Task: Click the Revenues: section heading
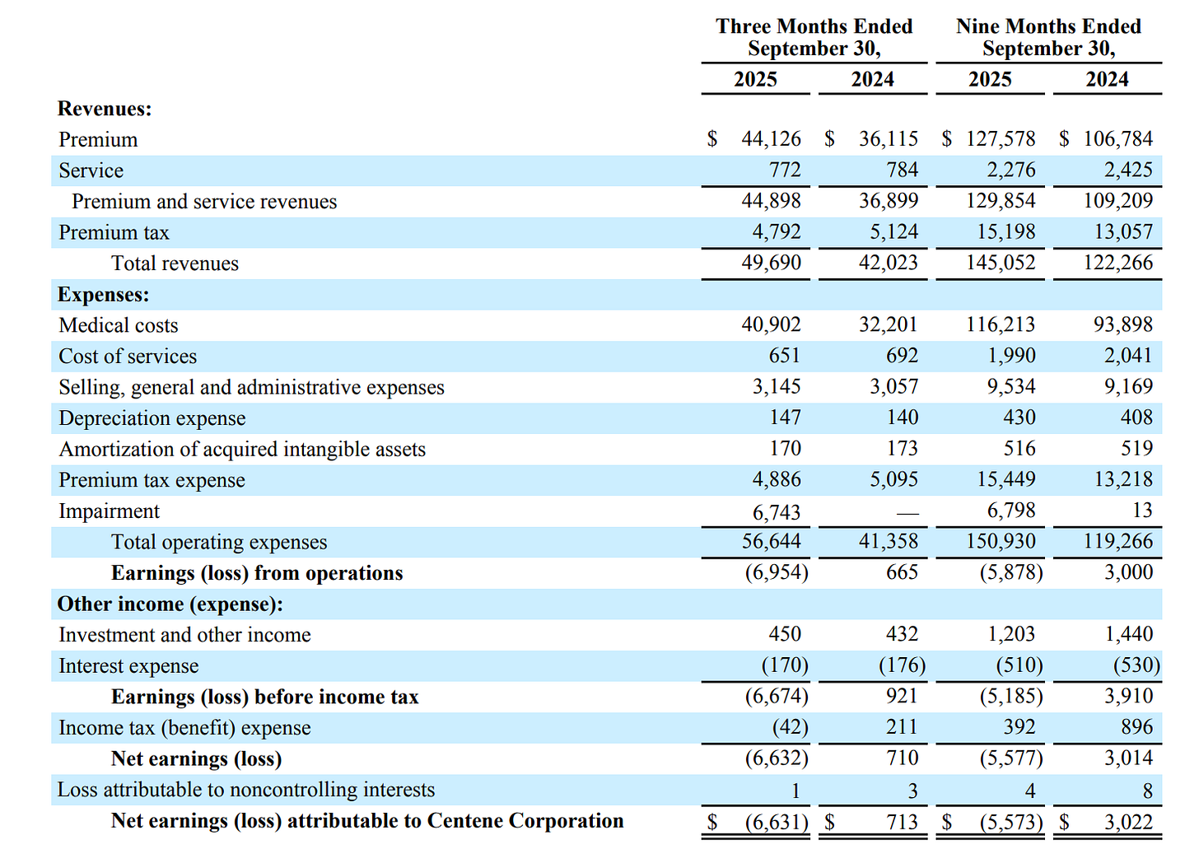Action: click(105, 109)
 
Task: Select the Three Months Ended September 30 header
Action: click(814, 38)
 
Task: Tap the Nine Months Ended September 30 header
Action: click(1048, 38)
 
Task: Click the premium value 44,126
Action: click(771, 139)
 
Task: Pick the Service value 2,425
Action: click(1128, 170)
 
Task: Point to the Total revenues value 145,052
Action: click(1001, 263)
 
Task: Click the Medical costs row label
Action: click(119, 325)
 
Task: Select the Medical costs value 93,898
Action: click(1123, 325)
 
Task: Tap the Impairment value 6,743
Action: click(777, 512)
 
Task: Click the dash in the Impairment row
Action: click(907, 513)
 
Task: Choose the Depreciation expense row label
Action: click(152, 418)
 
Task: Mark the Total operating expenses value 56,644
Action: click(771, 542)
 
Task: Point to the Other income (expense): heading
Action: click(170, 604)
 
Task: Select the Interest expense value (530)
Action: click(1136, 665)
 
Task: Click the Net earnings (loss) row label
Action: click(196, 759)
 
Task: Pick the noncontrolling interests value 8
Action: click(1147, 791)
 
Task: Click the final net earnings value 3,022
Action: click(1128, 822)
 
